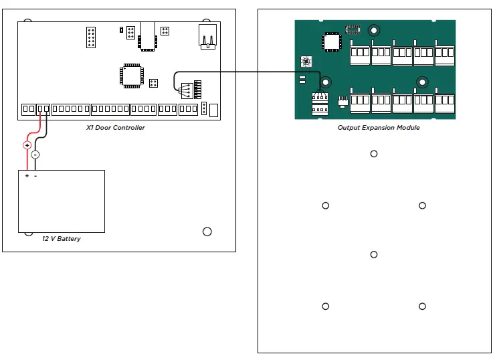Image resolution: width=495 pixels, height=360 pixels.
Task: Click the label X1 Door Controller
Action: point(116,127)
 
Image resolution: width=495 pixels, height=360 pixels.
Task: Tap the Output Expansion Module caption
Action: point(379,127)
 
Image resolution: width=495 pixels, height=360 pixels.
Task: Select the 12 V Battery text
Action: point(62,238)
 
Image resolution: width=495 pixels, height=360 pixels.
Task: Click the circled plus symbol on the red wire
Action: point(27,145)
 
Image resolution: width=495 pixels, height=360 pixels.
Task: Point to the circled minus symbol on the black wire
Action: point(35,155)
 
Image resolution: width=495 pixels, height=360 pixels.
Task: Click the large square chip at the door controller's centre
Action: point(132,75)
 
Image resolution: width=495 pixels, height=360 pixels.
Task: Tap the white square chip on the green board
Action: point(332,41)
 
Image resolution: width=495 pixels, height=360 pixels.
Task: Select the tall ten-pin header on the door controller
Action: point(92,37)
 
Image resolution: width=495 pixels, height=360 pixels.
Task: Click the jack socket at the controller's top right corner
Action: point(208,37)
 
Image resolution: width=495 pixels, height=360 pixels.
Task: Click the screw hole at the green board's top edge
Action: point(373,29)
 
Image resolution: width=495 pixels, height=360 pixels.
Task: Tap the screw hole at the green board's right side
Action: point(422,82)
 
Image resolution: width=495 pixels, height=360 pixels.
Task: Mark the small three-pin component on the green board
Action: point(342,101)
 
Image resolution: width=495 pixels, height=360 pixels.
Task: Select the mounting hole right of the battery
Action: point(207,232)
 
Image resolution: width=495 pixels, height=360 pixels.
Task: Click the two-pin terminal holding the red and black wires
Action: point(42,109)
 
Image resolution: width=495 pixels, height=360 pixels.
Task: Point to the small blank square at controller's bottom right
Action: point(213,110)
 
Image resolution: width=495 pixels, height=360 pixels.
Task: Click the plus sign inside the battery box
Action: point(27,176)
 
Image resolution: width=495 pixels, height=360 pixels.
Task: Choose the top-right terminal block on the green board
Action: point(445,54)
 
